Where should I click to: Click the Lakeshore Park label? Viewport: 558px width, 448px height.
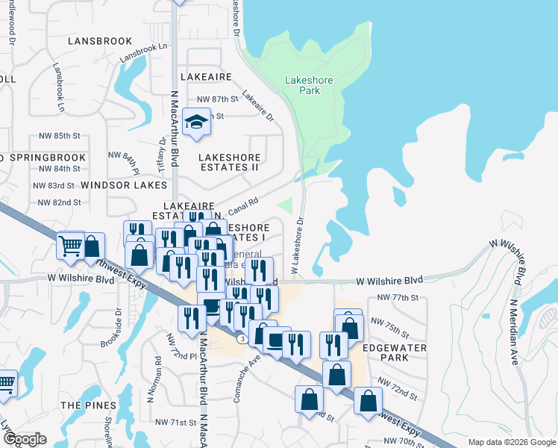tap(302, 85)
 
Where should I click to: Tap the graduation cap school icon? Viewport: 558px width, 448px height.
tap(196, 122)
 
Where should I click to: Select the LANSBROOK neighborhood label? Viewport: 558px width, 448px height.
tap(99, 41)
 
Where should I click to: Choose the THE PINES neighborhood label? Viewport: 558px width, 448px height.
tap(88, 405)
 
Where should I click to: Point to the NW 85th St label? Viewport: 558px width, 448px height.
tap(59, 136)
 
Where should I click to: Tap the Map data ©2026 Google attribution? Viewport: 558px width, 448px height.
tap(511, 443)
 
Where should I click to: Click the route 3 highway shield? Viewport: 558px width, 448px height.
tap(243, 339)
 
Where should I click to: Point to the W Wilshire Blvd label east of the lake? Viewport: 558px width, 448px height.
tap(389, 280)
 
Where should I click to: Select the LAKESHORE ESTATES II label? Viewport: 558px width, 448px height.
tap(229, 162)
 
